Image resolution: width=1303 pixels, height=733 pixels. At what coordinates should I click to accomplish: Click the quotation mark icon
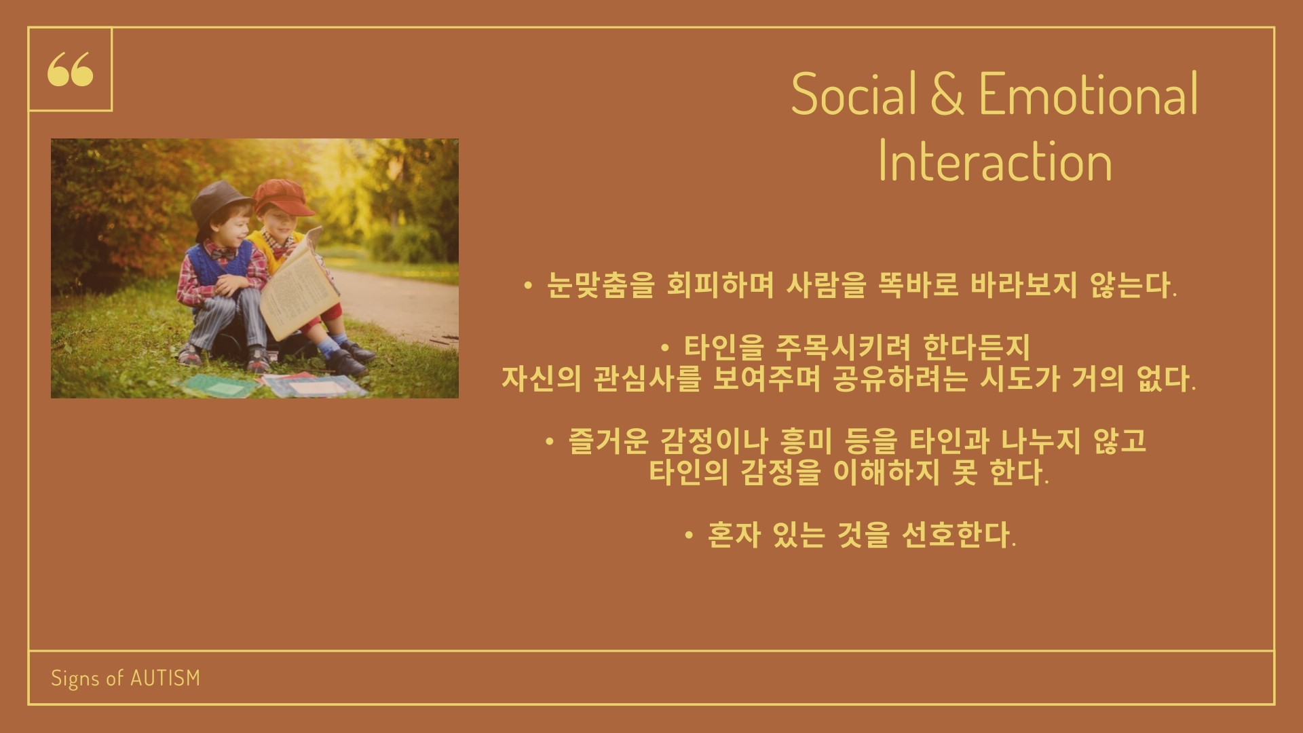point(70,70)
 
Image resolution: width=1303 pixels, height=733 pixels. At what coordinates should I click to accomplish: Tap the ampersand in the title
point(947,94)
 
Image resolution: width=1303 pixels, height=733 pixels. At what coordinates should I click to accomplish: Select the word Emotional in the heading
point(1089,94)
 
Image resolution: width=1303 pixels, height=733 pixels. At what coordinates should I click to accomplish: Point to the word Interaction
point(995,162)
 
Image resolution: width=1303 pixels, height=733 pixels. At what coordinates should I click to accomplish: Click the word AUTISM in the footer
point(165,678)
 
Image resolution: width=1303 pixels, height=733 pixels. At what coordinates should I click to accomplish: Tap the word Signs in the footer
point(75,679)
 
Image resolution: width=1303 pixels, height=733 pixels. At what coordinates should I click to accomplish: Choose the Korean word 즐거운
point(608,442)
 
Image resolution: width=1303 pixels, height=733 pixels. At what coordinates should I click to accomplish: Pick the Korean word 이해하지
point(886,472)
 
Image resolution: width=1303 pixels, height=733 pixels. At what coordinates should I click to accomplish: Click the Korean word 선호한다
point(958,535)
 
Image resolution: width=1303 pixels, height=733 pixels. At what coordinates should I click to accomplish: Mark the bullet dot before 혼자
point(690,536)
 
